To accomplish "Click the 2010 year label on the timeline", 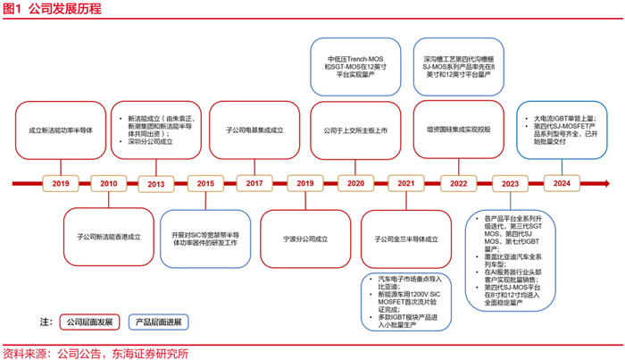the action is click(x=109, y=184).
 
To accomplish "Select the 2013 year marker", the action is click(x=156, y=184).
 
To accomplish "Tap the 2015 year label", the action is click(x=206, y=184).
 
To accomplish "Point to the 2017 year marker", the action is click(x=254, y=184).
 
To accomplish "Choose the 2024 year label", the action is click(x=561, y=184).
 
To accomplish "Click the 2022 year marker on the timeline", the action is click(x=459, y=184).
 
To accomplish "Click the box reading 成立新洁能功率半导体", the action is click(x=60, y=130).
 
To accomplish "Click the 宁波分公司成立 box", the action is click(x=305, y=239).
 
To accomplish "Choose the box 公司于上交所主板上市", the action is click(x=356, y=130).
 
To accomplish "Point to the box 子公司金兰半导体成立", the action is click(x=406, y=239).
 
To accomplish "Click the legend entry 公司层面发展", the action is click(x=87, y=322).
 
